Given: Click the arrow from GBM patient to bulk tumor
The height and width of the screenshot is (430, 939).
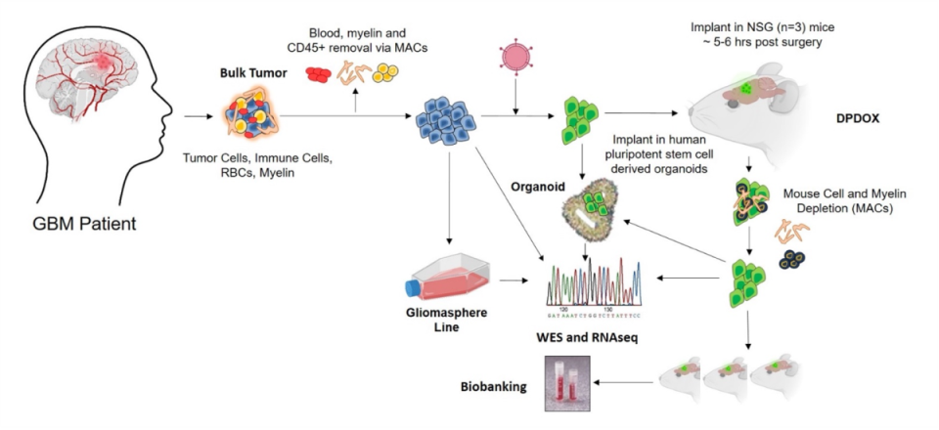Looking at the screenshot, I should pyautogui.click(x=197, y=116).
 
